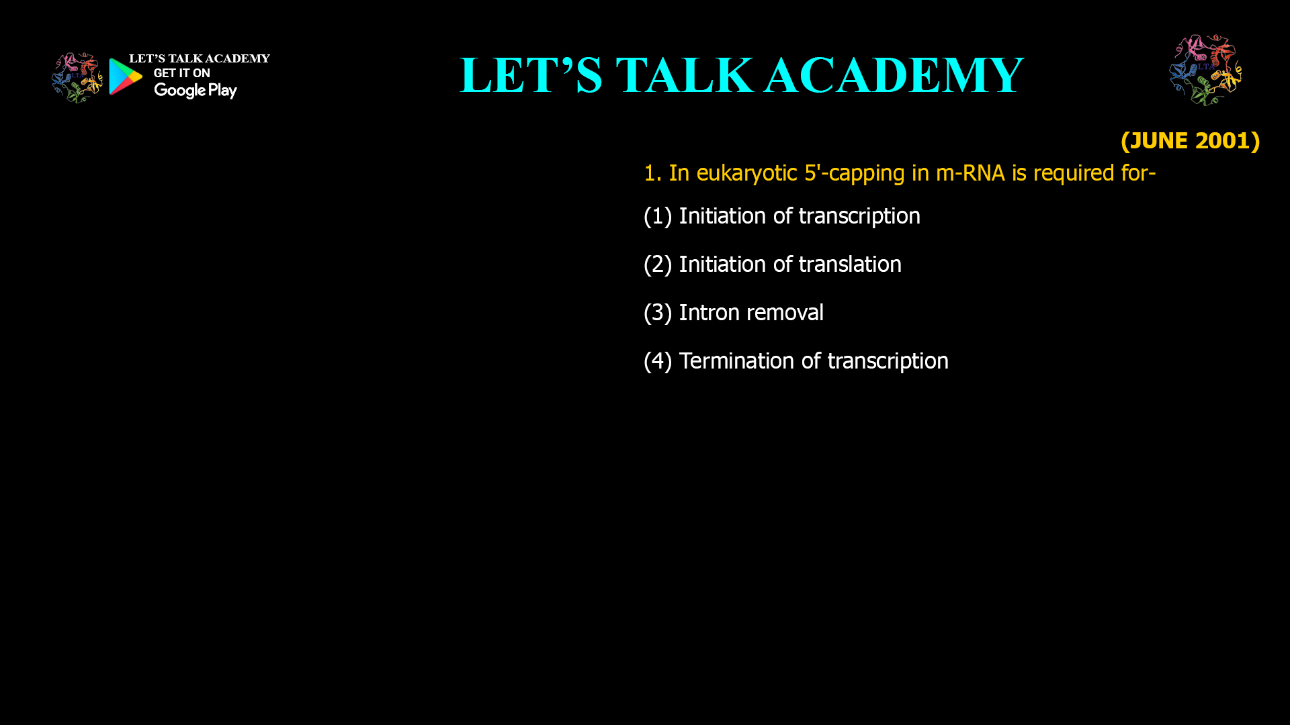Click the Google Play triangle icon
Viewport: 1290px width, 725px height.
[x=125, y=77]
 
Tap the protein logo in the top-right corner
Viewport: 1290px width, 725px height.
[x=1205, y=70]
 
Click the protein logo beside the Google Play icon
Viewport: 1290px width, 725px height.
[x=77, y=78]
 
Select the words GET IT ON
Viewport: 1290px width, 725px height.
[x=181, y=73]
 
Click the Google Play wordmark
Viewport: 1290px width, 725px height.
[x=195, y=91]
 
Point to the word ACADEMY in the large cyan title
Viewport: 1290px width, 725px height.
[x=894, y=75]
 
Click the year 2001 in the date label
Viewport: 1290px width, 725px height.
[x=1222, y=141]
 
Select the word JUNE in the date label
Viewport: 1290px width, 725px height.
[x=1159, y=141]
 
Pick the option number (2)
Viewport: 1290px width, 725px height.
[x=658, y=264]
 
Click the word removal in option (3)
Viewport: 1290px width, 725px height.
[x=785, y=313]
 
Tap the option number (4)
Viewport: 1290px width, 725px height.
[x=658, y=361]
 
